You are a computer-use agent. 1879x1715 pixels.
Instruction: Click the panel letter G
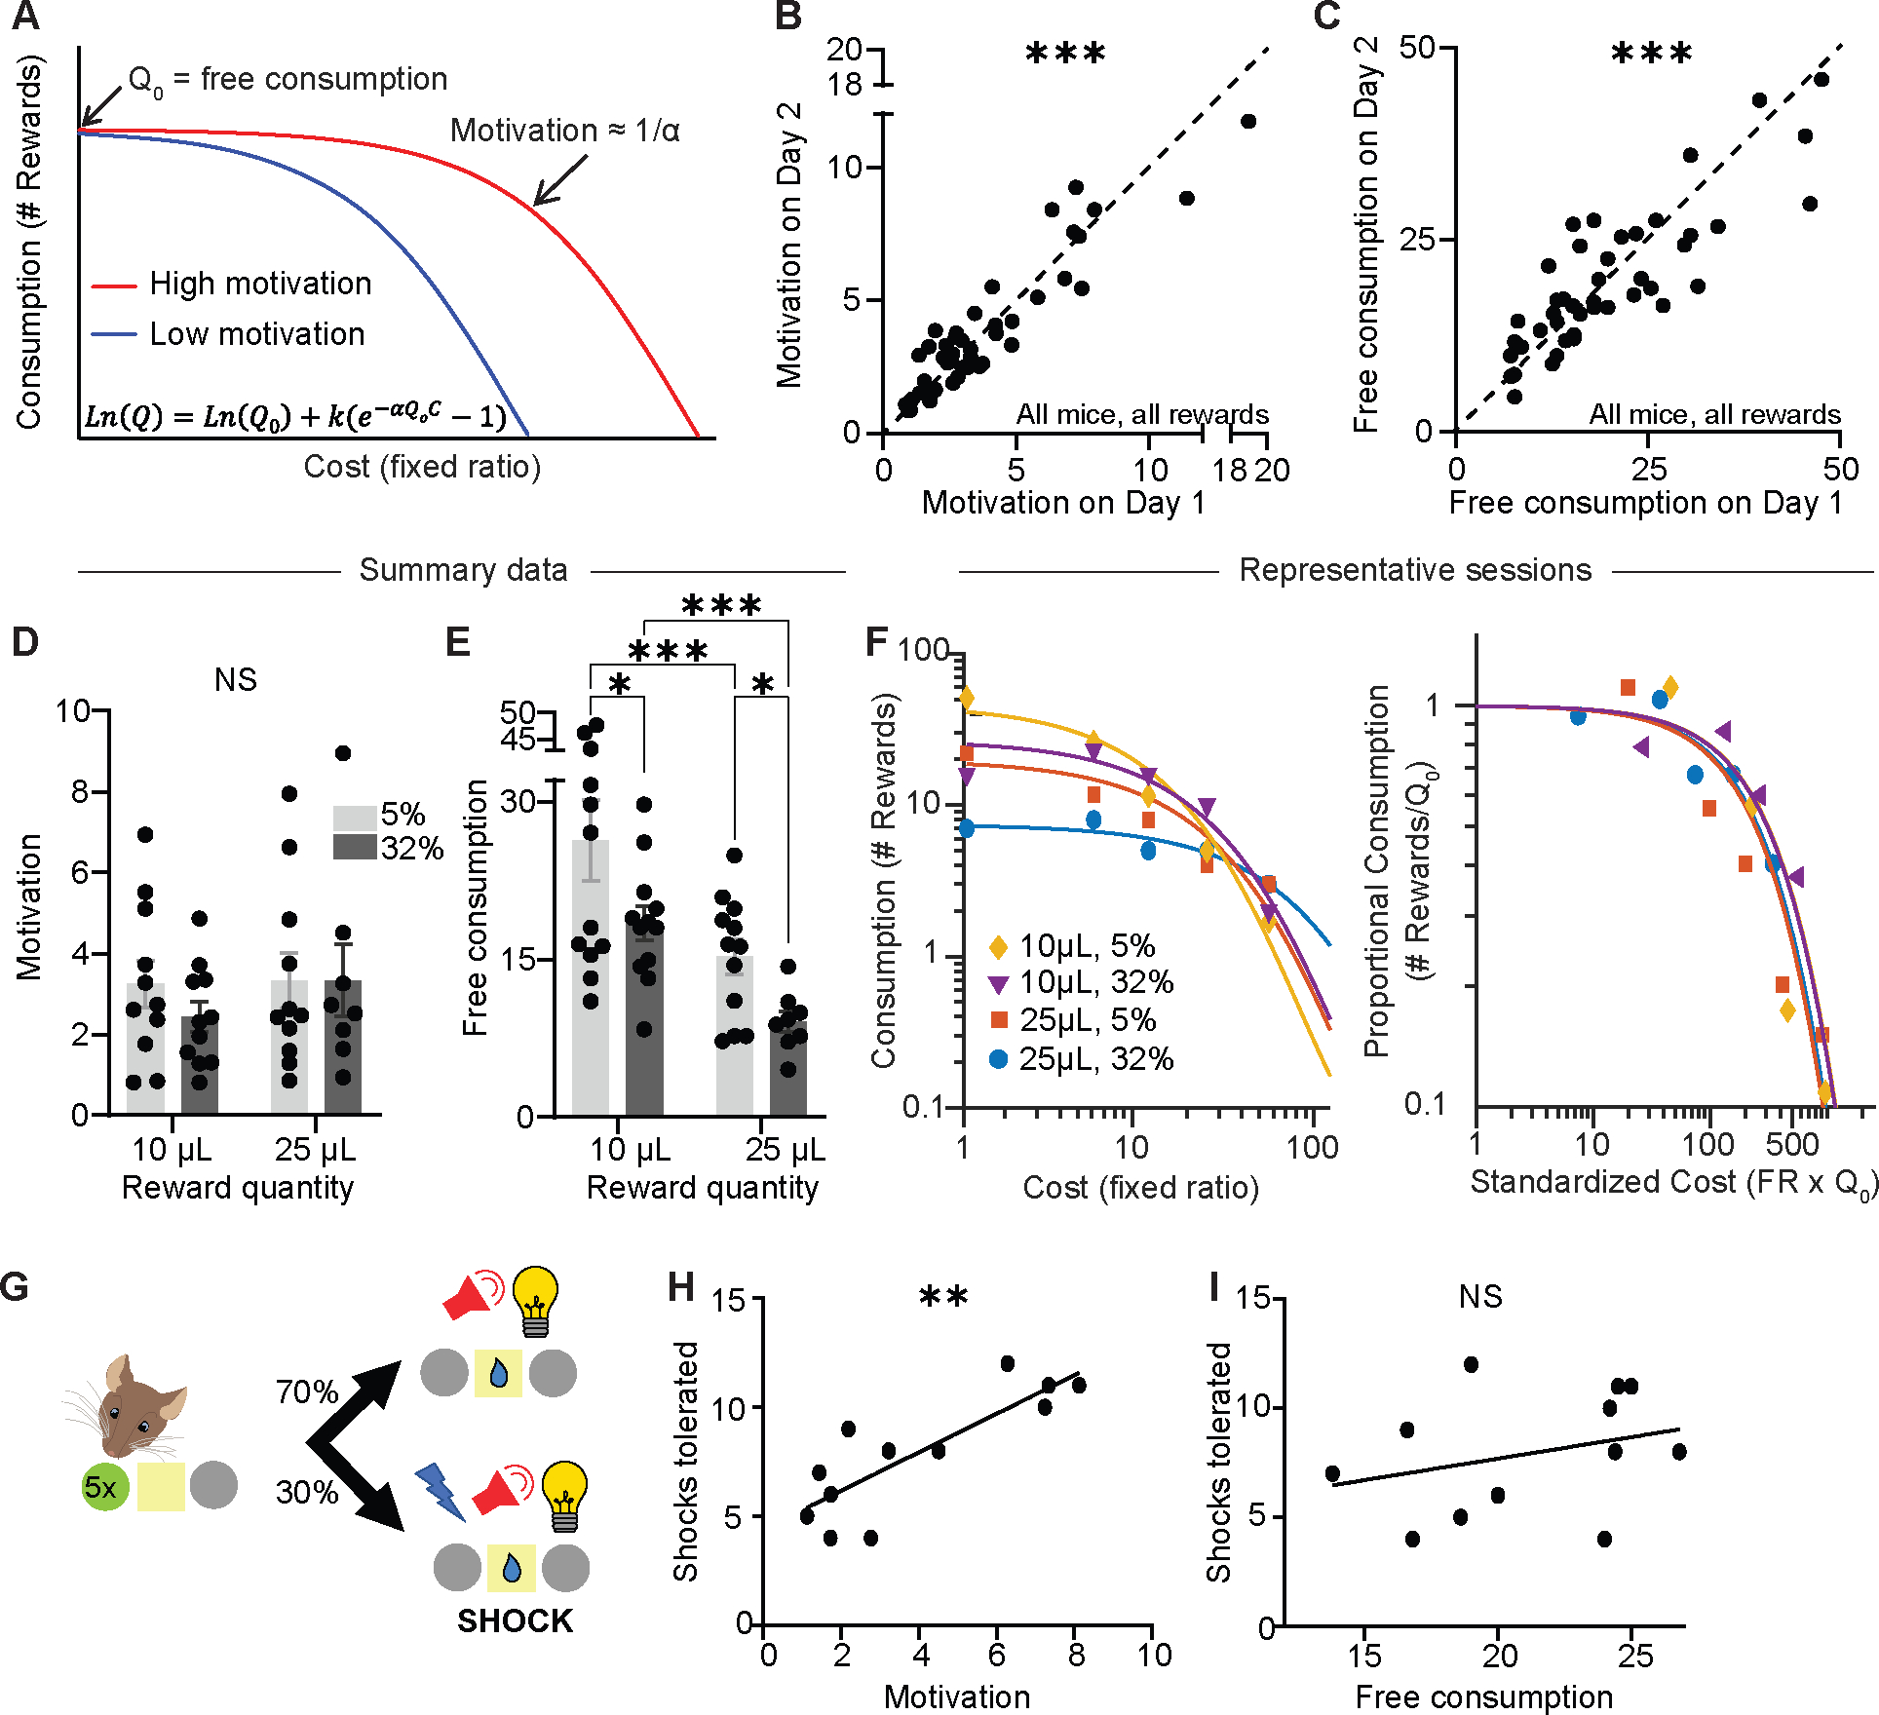tap(17, 1287)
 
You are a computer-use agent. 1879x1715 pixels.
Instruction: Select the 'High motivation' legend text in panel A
tap(260, 284)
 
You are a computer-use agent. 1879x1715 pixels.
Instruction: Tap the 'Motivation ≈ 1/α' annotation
tap(564, 131)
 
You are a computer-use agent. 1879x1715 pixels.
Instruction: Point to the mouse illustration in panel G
tap(131, 1403)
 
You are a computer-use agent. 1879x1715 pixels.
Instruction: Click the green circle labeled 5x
tap(104, 1487)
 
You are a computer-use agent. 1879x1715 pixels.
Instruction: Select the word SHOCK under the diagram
tap(515, 1621)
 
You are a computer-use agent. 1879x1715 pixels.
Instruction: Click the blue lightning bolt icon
tap(440, 1492)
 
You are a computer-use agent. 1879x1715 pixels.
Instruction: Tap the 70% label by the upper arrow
tap(307, 1391)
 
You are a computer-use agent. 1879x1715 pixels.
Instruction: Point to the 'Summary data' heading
tap(463, 570)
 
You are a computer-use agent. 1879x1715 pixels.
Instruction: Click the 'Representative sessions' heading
tap(1415, 570)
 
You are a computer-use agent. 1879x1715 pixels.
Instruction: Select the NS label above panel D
tap(236, 679)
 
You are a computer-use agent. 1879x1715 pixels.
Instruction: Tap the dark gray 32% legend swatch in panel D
tap(355, 847)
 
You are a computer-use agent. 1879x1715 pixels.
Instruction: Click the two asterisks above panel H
tap(943, 1297)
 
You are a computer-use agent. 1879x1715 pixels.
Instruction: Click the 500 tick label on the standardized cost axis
tap(1791, 1144)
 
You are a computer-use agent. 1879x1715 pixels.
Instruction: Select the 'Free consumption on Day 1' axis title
tap(1646, 503)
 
